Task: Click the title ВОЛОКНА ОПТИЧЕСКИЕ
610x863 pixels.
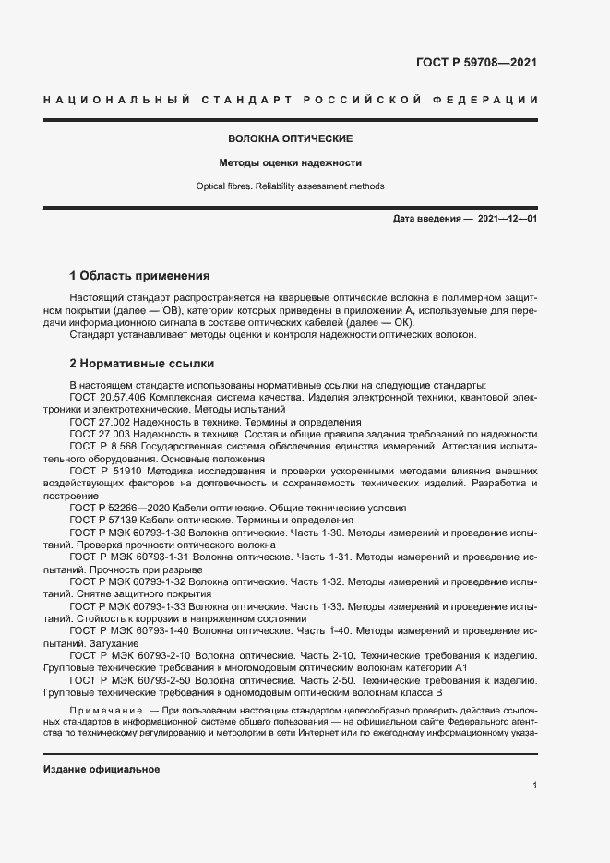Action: pyautogui.click(x=291, y=138)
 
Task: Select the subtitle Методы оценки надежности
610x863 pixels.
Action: pyautogui.click(x=290, y=163)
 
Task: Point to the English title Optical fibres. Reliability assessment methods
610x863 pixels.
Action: pyautogui.click(x=290, y=186)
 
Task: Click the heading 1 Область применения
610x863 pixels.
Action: pyautogui.click(x=140, y=276)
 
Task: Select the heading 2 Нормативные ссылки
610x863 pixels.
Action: pyautogui.click(x=142, y=364)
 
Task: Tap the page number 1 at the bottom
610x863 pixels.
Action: pyautogui.click(x=534, y=785)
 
